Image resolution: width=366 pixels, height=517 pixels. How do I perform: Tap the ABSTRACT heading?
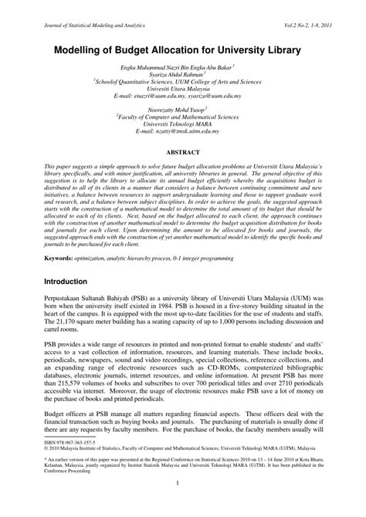(183, 154)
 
